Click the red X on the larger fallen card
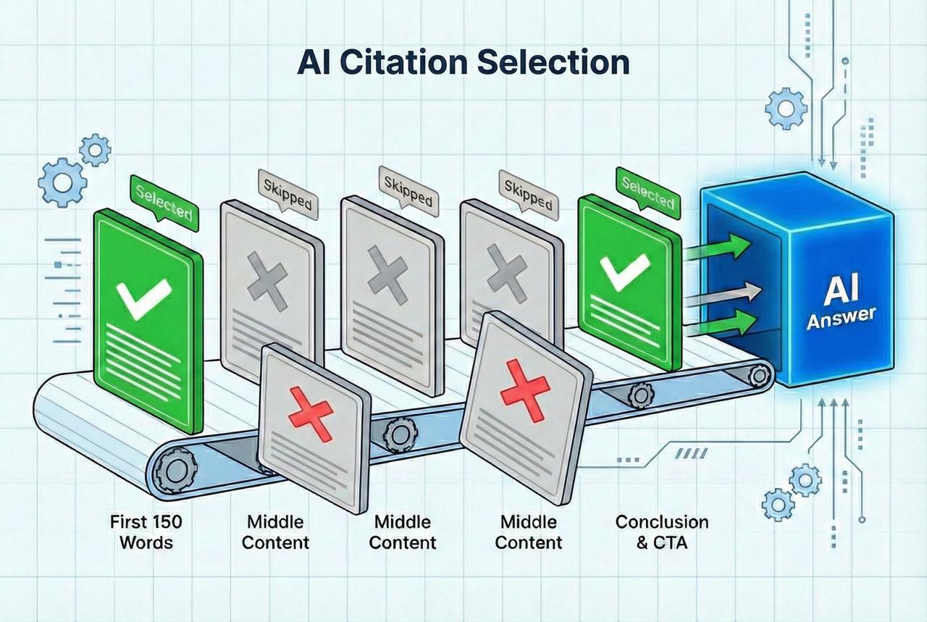click(525, 390)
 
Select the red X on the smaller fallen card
click(311, 414)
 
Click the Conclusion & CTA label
click(662, 531)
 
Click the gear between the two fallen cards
click(399, 434)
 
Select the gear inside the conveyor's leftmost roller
click(172, 470)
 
